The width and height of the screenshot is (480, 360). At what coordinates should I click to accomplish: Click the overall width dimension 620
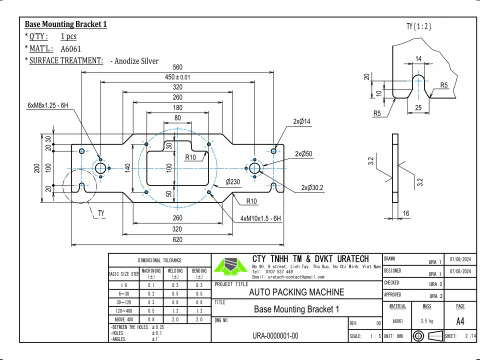pos(177,240)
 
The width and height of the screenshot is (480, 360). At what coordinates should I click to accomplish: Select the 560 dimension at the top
pos(177,66)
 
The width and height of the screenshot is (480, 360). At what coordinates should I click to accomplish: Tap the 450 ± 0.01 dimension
pos(177,76)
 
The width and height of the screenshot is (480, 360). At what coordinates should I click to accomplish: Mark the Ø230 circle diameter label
pos(234,181)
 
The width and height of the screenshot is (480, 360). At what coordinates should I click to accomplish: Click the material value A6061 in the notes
pos(71,47)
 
